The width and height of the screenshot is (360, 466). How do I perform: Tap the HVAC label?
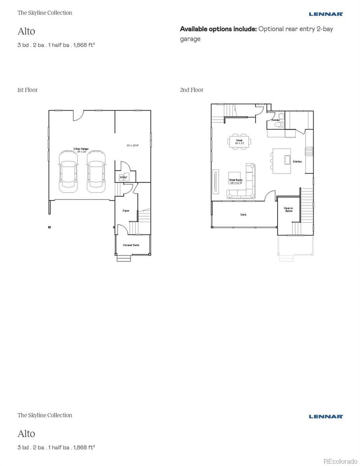click(x=123, y=177)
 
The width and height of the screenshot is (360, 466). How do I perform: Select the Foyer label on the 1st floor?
click(x=126, y=210)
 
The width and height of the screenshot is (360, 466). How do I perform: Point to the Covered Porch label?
click(x=131, y=245)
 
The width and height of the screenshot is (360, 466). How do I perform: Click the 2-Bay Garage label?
click(x=81, y=150)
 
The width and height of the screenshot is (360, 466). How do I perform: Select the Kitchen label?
click(x=297, y=161)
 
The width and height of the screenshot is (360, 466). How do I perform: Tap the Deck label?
click(x=243, y=215)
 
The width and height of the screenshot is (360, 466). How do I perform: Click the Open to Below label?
click(x=288, y=209)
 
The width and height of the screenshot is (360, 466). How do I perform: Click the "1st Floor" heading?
click(x=27, y=90)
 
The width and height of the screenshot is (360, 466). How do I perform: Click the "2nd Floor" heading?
click(x=192, y=90)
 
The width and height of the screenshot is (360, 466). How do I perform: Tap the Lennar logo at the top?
click(x=326, y=14)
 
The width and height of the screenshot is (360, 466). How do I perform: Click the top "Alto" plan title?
click(x=26, y=32)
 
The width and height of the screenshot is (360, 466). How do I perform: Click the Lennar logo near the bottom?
click(x=326, y=416)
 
